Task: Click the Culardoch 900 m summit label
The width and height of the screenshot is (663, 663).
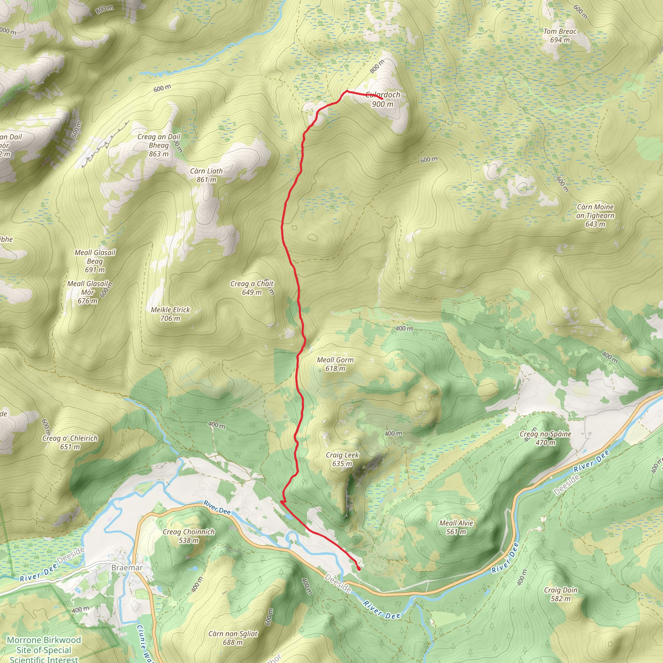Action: coord(383,99)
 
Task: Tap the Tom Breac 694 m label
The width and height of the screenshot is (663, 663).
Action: coord(560,35)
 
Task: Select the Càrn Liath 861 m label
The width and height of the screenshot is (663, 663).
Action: coord(206,175)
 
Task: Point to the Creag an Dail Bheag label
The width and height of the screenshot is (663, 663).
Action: coord(159,145)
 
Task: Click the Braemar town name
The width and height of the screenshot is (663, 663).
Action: coord(127,567)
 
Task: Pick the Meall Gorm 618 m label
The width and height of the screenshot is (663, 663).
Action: coord(335,364)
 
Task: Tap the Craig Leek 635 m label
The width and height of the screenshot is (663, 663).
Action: coord(342,459)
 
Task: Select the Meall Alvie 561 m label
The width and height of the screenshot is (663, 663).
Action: coord(456,527)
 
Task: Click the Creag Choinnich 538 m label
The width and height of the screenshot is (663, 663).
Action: coord(188,536)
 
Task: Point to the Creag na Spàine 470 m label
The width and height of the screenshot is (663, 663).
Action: coord(545,438)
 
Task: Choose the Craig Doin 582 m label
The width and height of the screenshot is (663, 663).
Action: coord(560,594)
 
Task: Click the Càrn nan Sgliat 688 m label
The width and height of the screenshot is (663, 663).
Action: coord(233,638)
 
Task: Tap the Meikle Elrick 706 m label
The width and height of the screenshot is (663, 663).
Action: coord(170,314)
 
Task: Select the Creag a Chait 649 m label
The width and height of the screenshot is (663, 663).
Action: coord(252,287)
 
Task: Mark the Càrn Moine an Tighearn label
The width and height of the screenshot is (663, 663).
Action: coord(595,215)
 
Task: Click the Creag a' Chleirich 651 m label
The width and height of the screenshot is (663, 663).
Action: coord(70,442)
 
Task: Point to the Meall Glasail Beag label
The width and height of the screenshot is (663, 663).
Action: coord(95,261)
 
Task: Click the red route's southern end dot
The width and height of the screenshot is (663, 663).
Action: coord(359,568)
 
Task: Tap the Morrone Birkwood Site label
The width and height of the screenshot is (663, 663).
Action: coord(44,650)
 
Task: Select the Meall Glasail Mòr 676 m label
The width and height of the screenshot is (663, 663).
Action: coord(87,292)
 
